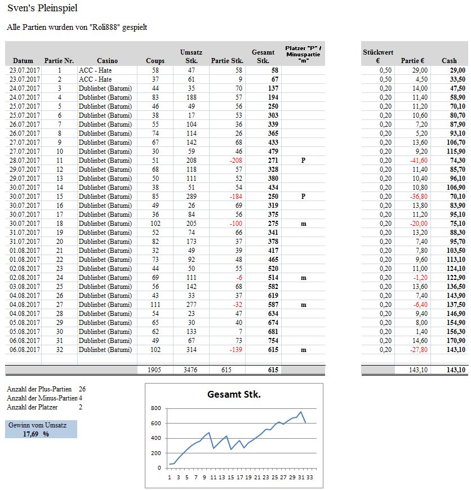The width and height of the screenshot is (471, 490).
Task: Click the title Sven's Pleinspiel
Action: point(42,8)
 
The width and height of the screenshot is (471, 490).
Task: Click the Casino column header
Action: point(107,61)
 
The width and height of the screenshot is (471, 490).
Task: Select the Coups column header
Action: point(155,61)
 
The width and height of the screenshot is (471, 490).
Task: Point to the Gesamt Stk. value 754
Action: point(273,341)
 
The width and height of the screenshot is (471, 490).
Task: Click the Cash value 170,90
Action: point(454,341)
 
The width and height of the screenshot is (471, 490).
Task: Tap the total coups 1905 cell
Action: point(155,370)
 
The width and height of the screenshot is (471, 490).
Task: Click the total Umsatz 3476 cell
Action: point(192,370)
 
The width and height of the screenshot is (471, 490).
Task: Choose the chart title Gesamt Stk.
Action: point(234,395)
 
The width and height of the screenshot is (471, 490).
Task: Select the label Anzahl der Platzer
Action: point(32,407)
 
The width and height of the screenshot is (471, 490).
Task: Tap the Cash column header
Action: point(449,61)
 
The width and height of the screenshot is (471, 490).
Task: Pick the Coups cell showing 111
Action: point(155,305)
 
